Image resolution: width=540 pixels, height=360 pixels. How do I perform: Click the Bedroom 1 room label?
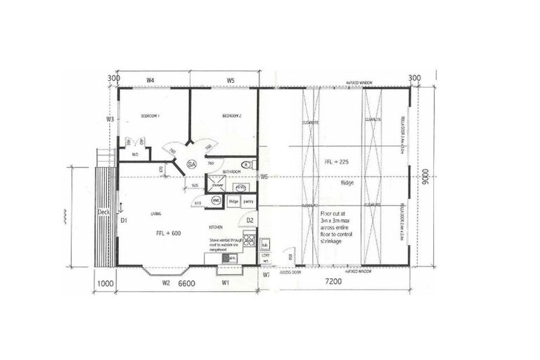pyautogui.click(x=151, y=115)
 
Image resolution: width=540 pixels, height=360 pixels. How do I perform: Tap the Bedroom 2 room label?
pyautogui.click(x=232, y=115)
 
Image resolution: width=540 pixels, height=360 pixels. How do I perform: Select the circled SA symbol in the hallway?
pyautogui.click(x=191, y=164)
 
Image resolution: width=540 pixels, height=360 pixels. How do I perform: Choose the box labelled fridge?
pyautogui.click(x=234, y=202)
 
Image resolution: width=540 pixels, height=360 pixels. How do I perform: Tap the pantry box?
pyautogui.click(x=248, y=202)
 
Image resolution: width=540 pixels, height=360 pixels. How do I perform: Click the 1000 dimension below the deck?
pyautogui.click(x=105, y=284)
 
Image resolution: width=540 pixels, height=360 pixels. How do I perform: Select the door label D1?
pyautogui.click(x=122, y=221)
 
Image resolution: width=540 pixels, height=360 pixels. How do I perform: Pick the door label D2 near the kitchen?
pyautogui.click(x=250, y=221)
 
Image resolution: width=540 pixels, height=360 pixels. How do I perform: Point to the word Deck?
pyautogui.click(x=103, y=212)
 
